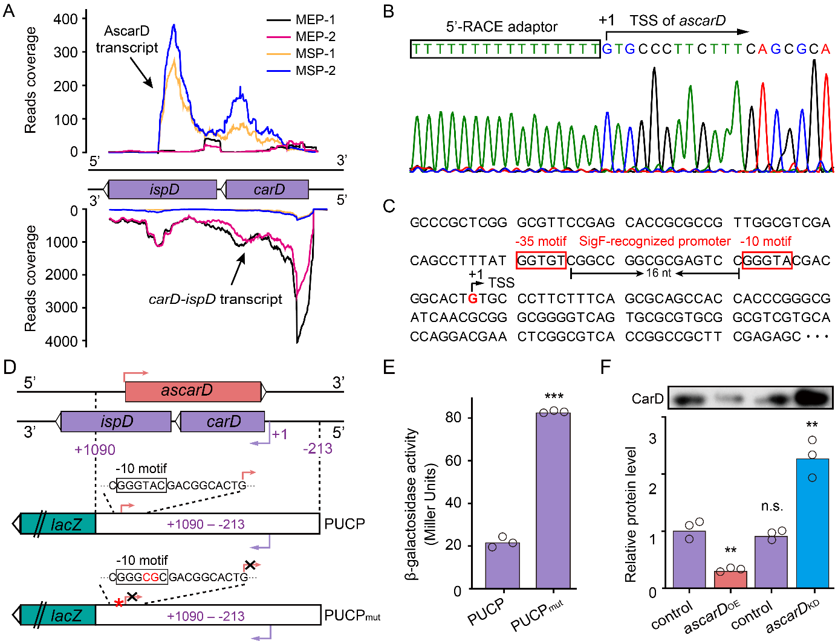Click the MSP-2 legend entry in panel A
click(x=315, y=71)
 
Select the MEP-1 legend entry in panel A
click(x=315, y=20)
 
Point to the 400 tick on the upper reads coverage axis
click(x=66, y=19)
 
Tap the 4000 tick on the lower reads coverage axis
click(x=62, y=341)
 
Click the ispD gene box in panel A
click(x=163, y=190)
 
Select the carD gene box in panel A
click(x=267, y=190)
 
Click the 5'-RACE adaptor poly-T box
click(x=505, y=50)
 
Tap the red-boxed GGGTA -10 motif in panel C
click(x=767, y=260)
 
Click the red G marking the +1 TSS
click(x=473, y=298)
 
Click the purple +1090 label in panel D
click(x=95, y=449)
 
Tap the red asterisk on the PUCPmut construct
click(x=119, y=603)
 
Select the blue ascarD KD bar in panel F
click(x=812, y=523)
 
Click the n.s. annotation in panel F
click(x=772, y=506)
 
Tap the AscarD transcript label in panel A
click(x=127, y=39)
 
